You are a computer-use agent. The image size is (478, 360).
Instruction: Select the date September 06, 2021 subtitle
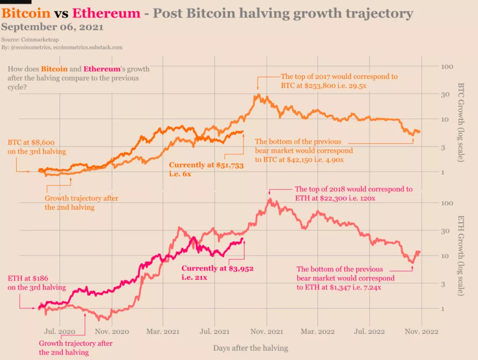click(52, 27)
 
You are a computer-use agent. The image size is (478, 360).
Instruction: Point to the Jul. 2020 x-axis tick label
click(60, 331)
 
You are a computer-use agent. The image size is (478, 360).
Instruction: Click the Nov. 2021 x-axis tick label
click(266, 331)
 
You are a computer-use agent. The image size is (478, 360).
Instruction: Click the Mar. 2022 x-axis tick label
click(318, 331)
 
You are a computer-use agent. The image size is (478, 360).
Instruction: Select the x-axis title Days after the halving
click(251, 348)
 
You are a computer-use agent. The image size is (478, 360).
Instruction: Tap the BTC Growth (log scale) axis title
click(460, 122)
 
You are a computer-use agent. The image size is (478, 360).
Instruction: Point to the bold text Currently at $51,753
click(206, 165)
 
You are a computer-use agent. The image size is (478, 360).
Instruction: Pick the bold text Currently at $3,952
click(217, 268)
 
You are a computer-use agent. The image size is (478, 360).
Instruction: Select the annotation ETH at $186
click(28, 279)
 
